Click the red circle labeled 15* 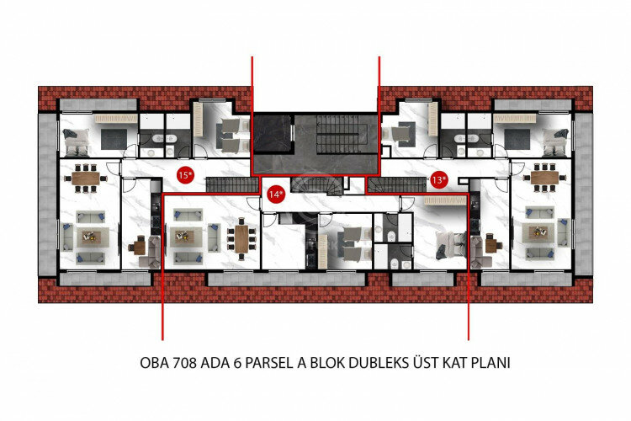(x=185, y=175)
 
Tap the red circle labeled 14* (x=274, y=194)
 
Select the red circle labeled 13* (x=437, y=179)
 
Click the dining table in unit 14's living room (x=242, y=238)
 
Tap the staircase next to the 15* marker (x=229, y=184)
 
